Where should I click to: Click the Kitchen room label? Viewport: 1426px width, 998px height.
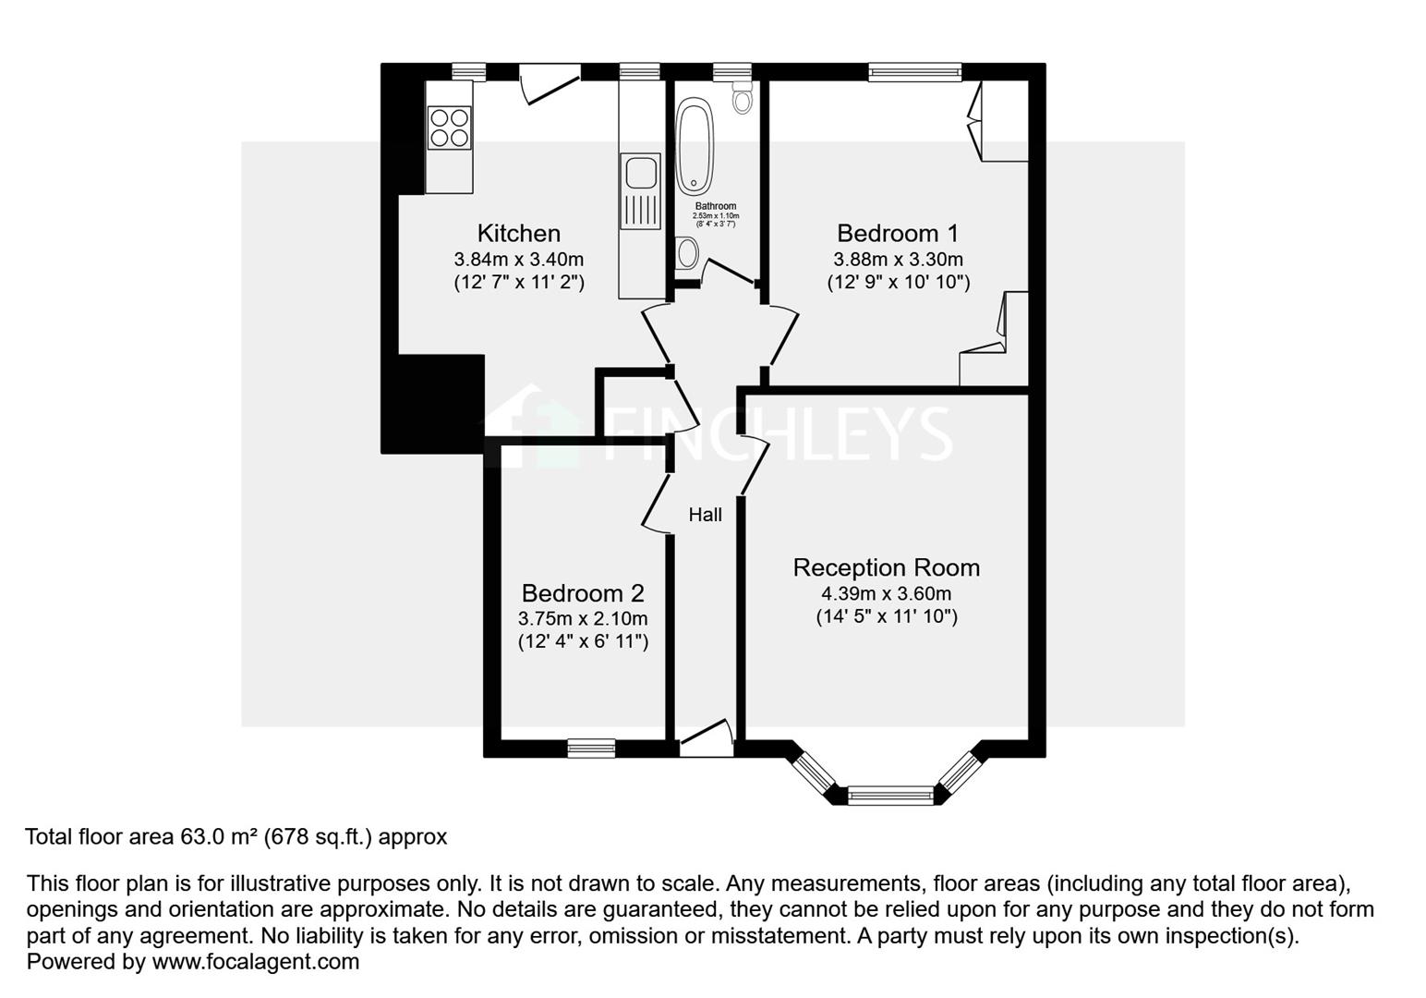(x=518, y=233)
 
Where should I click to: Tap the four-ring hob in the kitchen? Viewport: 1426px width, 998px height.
(x=449, y=128)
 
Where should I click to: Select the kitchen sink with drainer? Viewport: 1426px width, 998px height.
(x=640, y=190)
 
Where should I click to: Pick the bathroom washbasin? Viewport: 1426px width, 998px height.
(x=686, y=251)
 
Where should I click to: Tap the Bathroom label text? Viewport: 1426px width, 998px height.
(x=716, y=206)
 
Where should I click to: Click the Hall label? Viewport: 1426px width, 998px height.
(x=706, y=515)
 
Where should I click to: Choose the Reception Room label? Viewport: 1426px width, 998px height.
(x=886, y=567)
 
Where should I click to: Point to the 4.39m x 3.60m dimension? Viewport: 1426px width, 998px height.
(x=886, y=593)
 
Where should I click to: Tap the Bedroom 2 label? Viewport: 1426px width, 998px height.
(x=583, y=593)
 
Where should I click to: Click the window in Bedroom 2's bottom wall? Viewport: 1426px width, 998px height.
(x=591, y=748)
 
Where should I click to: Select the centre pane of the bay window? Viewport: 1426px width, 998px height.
(x=890, y=792)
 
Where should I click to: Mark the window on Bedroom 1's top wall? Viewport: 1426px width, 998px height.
(x=914, y=72)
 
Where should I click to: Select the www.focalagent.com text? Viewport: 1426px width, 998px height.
(x=256, y=961)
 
